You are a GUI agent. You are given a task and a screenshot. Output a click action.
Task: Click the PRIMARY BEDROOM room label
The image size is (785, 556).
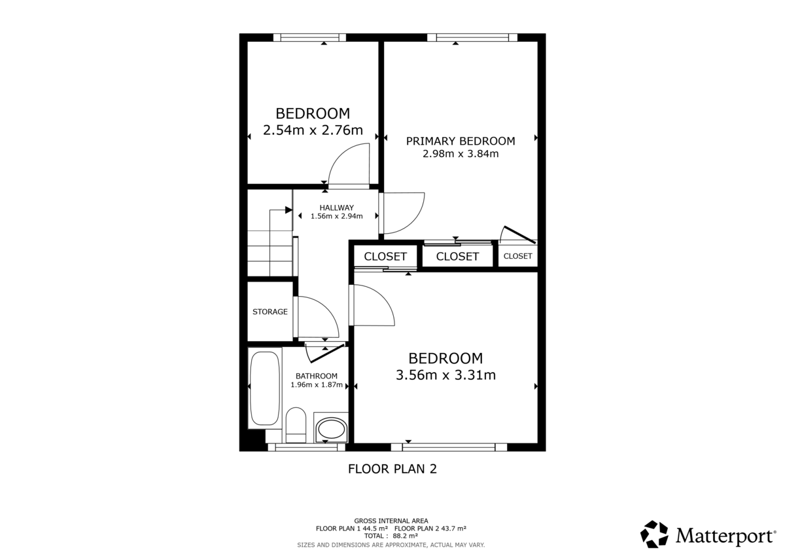click(460, 141)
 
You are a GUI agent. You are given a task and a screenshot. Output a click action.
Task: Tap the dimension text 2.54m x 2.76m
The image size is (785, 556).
click(313, 130)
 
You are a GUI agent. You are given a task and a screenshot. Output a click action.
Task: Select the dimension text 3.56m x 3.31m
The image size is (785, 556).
click(445, 375)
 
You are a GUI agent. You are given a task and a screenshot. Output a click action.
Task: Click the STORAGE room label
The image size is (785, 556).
click(270, 312)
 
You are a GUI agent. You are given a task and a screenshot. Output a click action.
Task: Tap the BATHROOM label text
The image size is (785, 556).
click(317, 376)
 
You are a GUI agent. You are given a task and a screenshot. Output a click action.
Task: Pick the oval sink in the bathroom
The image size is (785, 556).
click(331, 430)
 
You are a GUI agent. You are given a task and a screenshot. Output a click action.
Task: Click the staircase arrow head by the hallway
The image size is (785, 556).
click(288, 210)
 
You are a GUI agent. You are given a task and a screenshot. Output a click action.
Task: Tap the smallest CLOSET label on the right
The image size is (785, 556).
click(517, 256)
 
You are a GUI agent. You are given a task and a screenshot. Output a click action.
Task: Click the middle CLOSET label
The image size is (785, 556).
click(457, 257)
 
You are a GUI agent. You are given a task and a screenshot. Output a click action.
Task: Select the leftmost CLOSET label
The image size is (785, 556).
click(385, 257)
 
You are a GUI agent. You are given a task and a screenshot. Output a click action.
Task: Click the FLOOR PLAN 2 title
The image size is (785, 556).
click(392, 469)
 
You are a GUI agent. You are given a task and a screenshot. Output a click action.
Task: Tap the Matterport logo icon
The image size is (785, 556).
click(654, 534)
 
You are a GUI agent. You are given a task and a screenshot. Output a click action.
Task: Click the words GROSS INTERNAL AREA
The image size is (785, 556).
click(391, 521)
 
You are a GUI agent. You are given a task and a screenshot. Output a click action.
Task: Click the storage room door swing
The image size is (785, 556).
click(317, 317)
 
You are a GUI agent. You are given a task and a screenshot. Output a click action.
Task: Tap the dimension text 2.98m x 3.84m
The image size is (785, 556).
click(460, 155)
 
